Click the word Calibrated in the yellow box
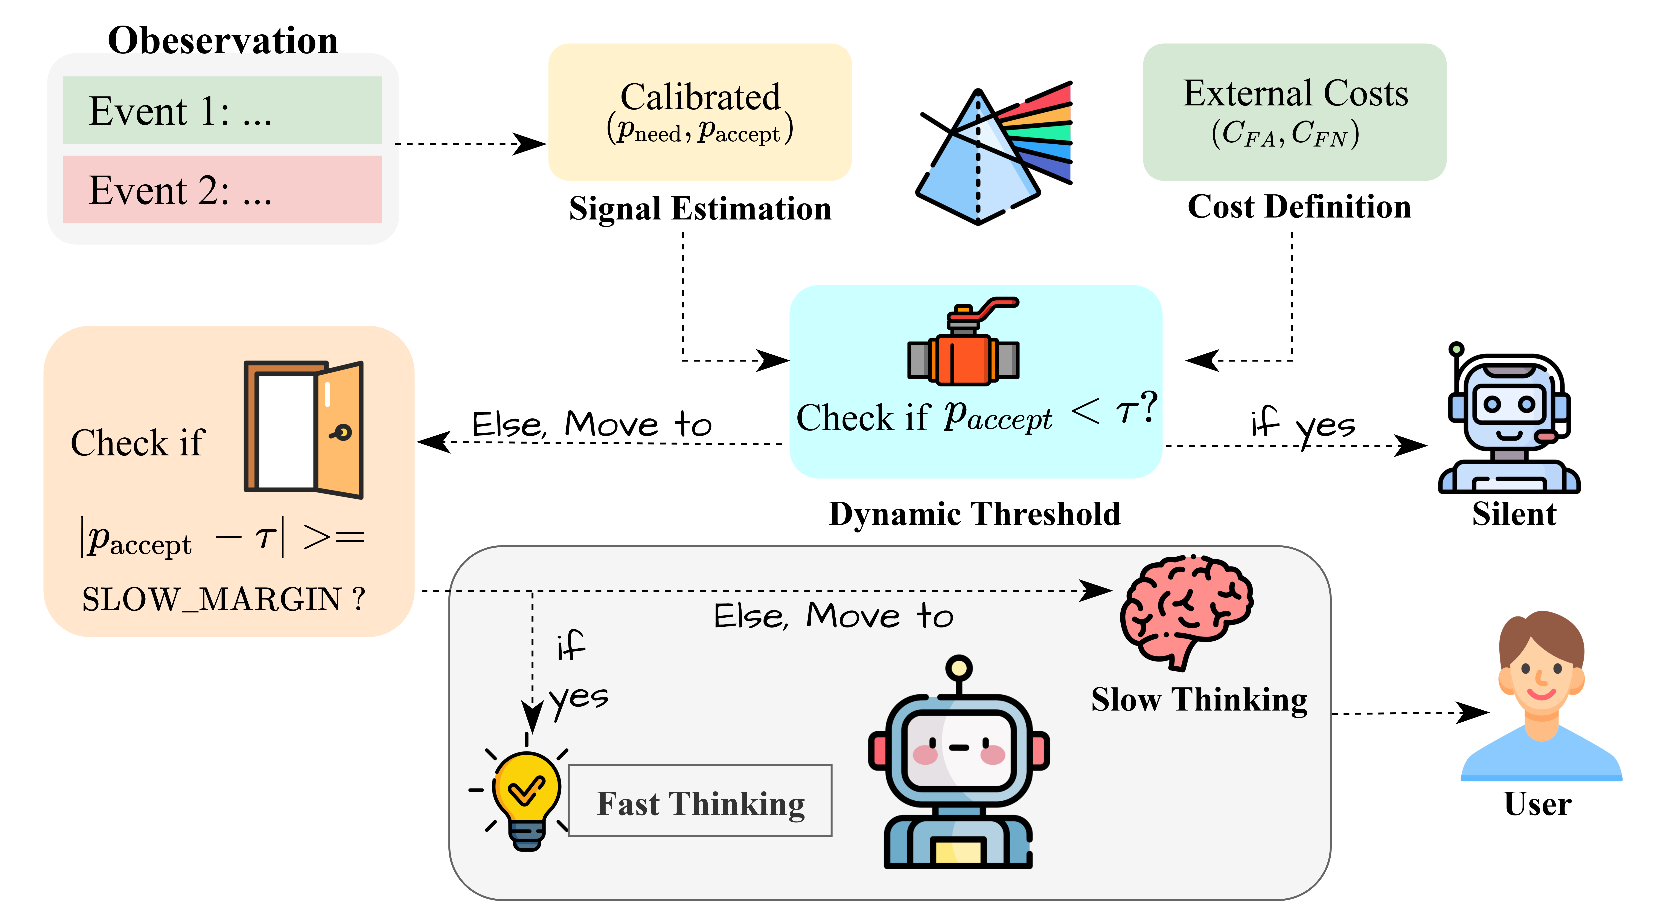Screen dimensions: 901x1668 [700, 97]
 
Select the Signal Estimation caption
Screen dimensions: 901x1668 [700, 209]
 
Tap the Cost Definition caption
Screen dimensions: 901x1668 [1299, 207]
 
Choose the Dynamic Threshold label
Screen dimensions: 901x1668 [975, 514]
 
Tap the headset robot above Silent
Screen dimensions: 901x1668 [1509, 421]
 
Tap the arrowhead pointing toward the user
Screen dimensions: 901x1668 [1473, 713]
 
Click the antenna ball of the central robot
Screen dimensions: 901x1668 [958, 667]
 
